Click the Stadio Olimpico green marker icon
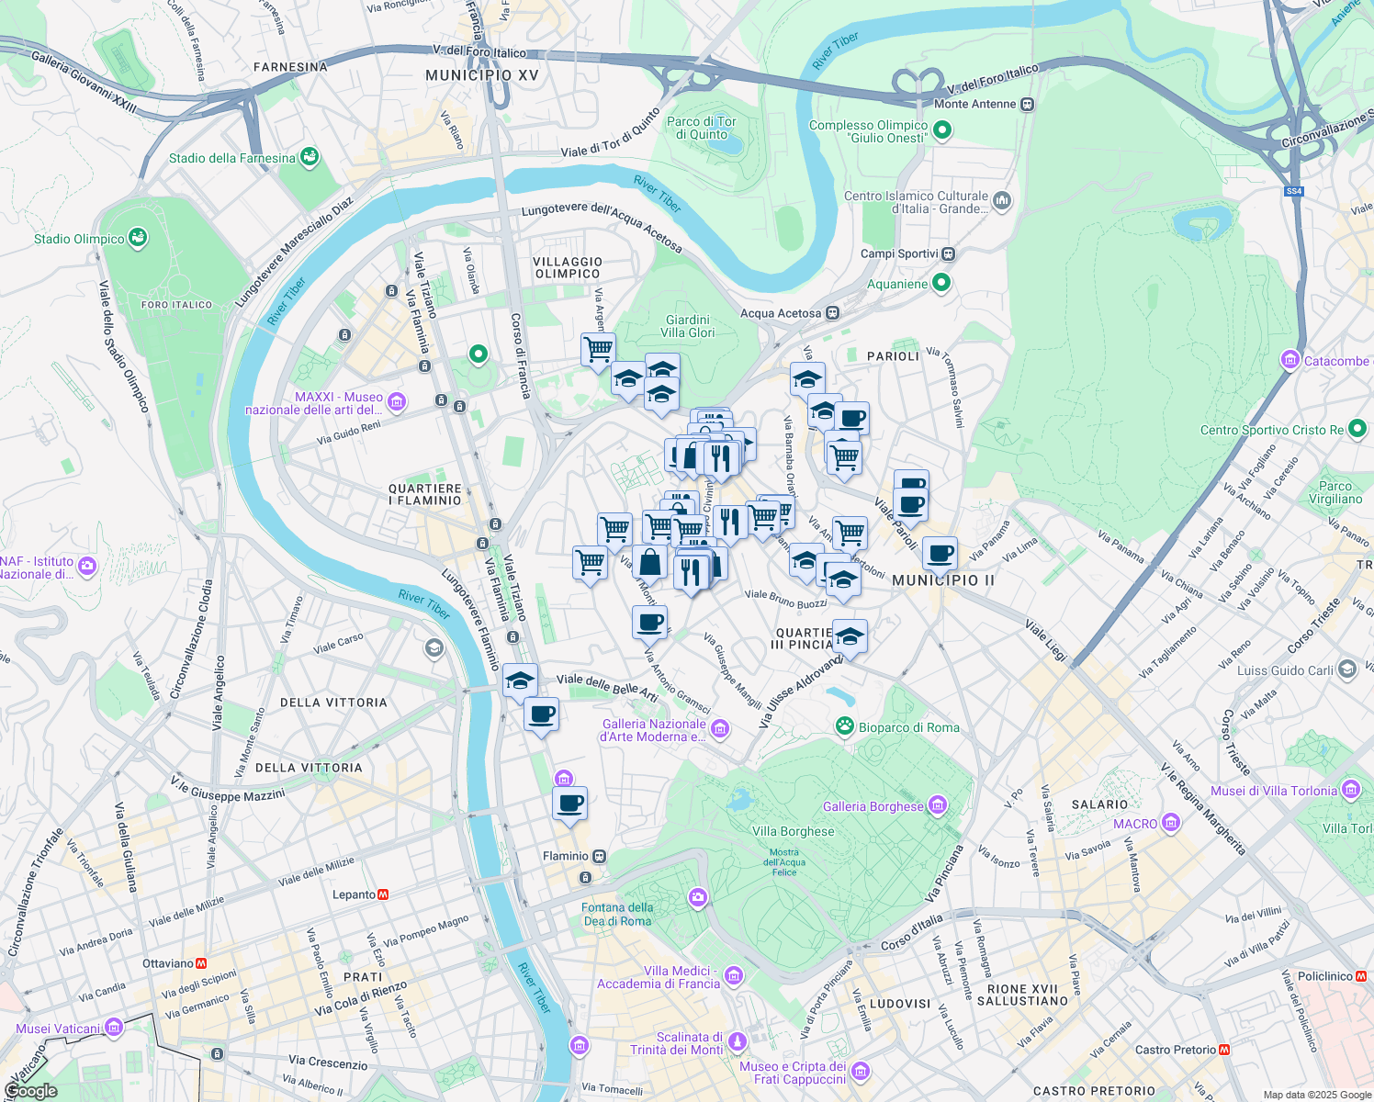tap(138, 239)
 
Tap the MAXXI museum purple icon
tap(397, 401)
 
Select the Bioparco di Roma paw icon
tap(844, 726)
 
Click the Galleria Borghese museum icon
tap(937, 806)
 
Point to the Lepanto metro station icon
tap(383, 894)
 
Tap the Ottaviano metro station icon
tap(201, 963)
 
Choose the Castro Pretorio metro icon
tap(1223, 1050)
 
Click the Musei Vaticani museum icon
tap(113, 1027)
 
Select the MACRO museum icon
tap(1170, 823)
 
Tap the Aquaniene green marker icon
tap(940, 284)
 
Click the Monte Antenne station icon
tap(1028, 104)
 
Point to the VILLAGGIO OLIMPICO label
tap(568, 267)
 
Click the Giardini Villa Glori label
tap(688, 326)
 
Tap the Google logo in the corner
tap(30, 1091)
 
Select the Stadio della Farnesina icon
tap(310, 158)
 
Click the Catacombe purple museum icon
tap(1290, 360)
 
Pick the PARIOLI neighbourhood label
tap(893, 356)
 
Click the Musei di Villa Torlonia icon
tap(1350, 790)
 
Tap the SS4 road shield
tap(1294, 191)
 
